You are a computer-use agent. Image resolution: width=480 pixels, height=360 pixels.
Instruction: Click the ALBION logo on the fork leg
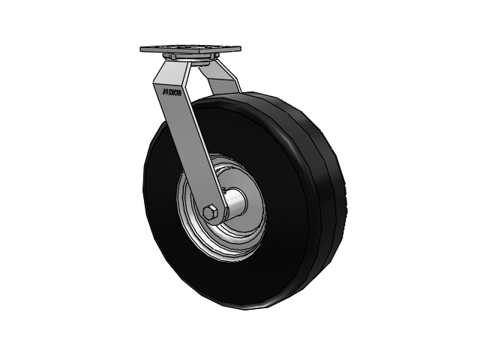coord(173,93)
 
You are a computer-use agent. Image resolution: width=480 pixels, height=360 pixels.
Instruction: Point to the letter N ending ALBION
coord(181,94)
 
